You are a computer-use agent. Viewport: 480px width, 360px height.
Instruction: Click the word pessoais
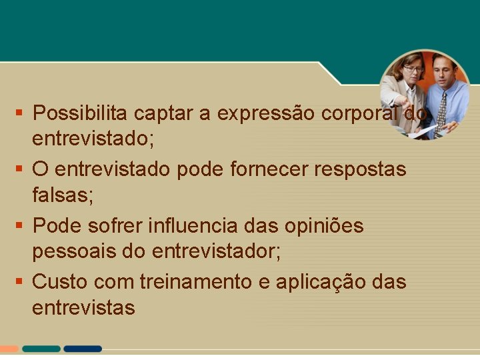(73, 252)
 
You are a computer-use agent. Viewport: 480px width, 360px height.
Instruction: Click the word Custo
(61, 281)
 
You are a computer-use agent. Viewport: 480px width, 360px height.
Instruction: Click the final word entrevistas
(84, 308)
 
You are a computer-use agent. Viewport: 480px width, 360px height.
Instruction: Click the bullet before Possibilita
(21, 112)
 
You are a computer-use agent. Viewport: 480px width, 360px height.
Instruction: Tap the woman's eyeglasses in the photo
(413, 69)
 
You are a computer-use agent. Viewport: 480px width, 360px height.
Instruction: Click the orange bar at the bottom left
(9, 349)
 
